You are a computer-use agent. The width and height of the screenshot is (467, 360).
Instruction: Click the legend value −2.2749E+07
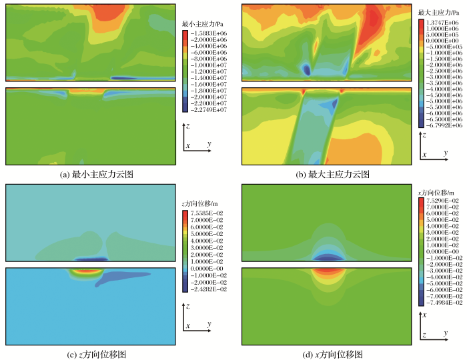pyautogui.click(x=209, y=110)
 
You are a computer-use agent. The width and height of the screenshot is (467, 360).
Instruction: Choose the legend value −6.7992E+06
pyautogui.click(x=442, y=125)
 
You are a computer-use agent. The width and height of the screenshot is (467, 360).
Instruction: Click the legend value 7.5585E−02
pyautogui.click(x=209, y=212)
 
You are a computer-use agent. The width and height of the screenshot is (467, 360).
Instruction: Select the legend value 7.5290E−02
pyautogui.click(x=442, y=201)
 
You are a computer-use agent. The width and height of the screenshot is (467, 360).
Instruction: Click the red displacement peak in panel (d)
pyautogui.click(x=326, y=271)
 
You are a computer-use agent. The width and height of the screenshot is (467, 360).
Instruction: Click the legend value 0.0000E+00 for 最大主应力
pyautogui.click(x=442, y=41)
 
